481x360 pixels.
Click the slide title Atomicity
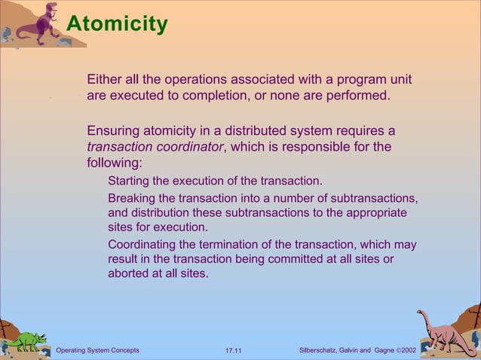tap(116, 24)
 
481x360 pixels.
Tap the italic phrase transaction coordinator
tap(155, 147)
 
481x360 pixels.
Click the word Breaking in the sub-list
tap(133, 197)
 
